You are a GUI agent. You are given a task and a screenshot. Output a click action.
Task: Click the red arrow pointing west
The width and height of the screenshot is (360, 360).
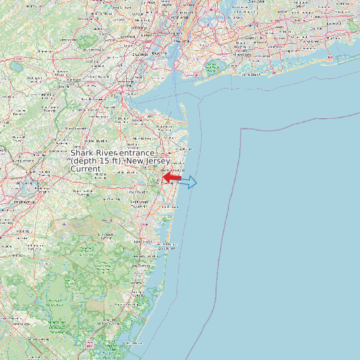tap(171, 178)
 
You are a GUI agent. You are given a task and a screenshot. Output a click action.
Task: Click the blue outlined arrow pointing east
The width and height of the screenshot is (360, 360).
tap(188, 182)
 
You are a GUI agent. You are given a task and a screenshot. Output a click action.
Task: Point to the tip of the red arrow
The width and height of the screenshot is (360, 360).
tap(163, 178)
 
